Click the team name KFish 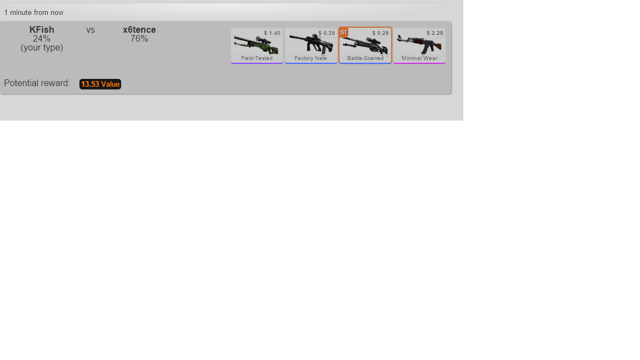tap(42, 30)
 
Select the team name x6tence tap(139, 30)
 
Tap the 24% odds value tap(42, 39)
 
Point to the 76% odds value tap(139, 39)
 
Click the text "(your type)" tap(42, 48)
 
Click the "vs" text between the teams tap(90, 30)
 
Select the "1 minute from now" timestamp tap(34, 13)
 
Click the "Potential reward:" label tap(37, 83)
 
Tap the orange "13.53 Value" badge tap(100, 84)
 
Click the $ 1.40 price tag tap(272, 33)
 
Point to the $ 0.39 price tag tap(327, 33)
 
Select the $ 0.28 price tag tap(381, 33)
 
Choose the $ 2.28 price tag tap(434, 33)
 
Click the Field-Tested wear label tap(257, 58)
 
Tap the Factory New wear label tap(311, 58)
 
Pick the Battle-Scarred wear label tap(366, 58)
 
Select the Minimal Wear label tap(419, 58)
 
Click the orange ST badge tap(344, 33)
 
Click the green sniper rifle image tap(256, 45)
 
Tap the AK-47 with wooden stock tap(419, 44)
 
